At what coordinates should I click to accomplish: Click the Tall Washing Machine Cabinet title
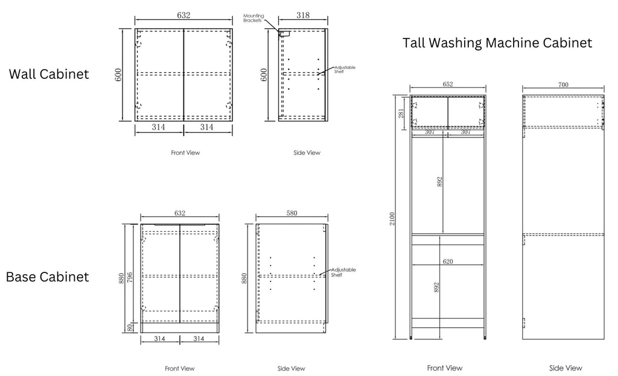click(497, 43)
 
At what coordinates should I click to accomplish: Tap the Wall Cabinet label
click(49, 74)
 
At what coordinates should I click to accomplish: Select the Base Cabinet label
click(47, 277)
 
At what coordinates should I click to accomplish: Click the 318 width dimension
click(303, 15)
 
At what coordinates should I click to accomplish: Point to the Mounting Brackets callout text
click(253, 18)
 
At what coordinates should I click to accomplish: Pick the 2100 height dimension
click(392, 219)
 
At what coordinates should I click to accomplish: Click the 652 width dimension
click(448, 84)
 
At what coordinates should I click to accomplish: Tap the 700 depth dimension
click(563, 84)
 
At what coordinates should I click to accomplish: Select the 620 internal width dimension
click(448, 262)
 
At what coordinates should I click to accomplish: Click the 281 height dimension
click(401, 114)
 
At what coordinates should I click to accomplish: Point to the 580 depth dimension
click(291, 213)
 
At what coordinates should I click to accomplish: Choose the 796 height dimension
click(130, 277)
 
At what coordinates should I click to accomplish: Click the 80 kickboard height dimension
click(130, 327)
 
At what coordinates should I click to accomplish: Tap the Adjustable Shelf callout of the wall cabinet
click(345, 70)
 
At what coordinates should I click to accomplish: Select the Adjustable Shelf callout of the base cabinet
click(343, 272)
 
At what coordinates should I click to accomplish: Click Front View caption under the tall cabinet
click(445, 368)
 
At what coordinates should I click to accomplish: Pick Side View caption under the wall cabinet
click(307, 152)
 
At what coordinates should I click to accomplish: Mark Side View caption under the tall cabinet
click(565, 368)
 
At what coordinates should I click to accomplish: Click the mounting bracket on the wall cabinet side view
click(284, 34)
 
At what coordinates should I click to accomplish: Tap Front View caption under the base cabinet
click(180, 369)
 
